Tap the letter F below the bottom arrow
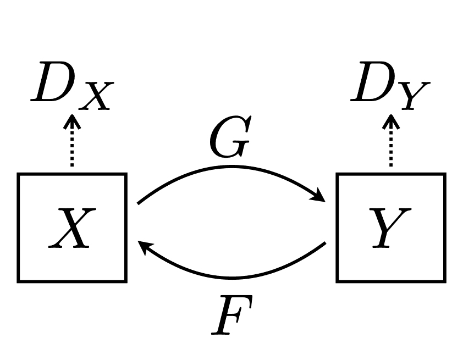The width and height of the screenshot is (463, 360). coord(233,315)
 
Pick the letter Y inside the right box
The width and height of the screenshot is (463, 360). coord(390,228)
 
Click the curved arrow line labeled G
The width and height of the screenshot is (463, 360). coord(231,167)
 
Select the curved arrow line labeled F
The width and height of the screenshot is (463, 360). coord(231,278)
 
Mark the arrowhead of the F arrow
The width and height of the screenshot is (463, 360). coord(144,248)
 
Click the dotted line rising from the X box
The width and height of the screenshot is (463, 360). coord(71,151)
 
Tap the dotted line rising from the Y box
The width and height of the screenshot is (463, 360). coord(391,151)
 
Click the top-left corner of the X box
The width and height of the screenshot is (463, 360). coord(19,175)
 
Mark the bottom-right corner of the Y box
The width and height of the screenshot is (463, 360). coord(444,281)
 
